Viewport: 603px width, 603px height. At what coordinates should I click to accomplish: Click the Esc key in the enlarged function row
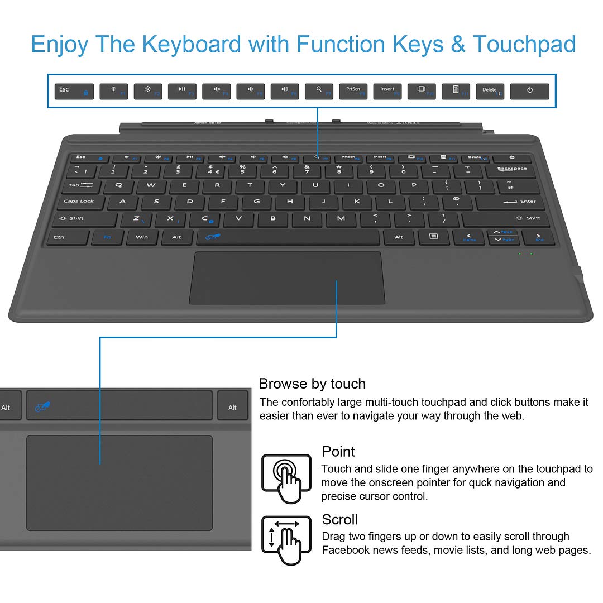(x=74, y=92)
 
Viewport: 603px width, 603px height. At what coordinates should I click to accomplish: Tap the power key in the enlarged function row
(x=529, y=92)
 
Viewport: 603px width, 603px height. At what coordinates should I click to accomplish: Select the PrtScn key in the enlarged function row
(x=353, y=92)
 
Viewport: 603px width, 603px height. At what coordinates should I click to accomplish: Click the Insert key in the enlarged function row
(x=387, y=92)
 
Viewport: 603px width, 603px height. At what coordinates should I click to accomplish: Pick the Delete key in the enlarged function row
(x=490, y=92)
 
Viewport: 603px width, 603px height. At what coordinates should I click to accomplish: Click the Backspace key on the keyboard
(x=512, y=170)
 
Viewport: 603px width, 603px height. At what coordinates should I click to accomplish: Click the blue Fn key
(x=108, y=237)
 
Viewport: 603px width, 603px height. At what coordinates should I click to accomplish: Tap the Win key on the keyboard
(x=142, y=237)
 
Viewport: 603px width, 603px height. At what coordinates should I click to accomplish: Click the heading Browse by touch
(x=312, y=384)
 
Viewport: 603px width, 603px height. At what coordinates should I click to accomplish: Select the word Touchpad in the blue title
(x=524, y=44)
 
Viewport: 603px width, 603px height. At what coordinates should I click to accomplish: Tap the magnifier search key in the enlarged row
(x=319, y=92)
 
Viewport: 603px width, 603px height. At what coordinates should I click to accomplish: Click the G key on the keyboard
(x=257, y=202)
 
